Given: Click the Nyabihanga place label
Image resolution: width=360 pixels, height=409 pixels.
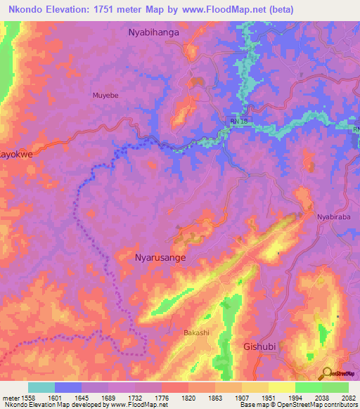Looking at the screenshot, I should pos(154,32).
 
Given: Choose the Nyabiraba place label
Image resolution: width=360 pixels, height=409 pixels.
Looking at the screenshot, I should pos(333,217).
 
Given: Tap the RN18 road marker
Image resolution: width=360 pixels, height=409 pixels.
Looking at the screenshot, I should pos(239,122).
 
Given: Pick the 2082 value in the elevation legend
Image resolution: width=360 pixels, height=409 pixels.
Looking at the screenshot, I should pos(348,398).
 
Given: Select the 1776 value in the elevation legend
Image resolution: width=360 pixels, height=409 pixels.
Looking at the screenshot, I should pos(162,398).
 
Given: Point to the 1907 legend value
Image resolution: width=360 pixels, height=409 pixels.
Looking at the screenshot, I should pos(241,398).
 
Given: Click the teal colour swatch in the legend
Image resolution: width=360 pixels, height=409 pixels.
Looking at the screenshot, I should pos(41,387).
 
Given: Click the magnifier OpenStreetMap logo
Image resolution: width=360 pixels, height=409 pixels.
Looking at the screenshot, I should pos(327,373).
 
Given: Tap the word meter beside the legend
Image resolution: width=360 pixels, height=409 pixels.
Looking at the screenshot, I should pos(11,398).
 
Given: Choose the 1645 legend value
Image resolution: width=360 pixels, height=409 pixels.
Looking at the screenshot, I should pos(83,398).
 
